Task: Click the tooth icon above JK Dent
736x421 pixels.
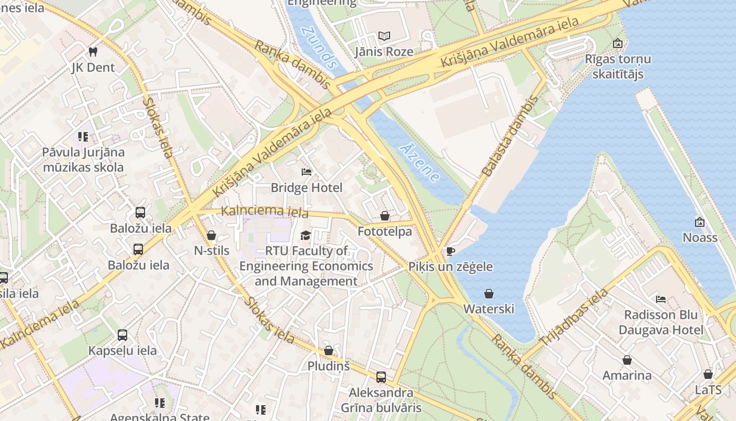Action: click(x=93, y=52)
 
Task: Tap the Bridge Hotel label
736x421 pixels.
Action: click(x=306, y=188)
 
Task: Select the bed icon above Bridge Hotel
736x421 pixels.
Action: click(x=306, y=172)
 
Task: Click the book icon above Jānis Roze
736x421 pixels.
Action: click(x=384, y=36)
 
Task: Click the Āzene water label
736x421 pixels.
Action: click(x=420, y=163)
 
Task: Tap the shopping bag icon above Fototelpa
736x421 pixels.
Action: click(x=385, y=216)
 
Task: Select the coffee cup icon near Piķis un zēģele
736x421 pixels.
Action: click(x=450, y=251)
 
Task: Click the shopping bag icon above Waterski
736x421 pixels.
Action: click(x=489, y=293)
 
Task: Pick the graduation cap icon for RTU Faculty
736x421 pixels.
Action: click(x=305, y=235)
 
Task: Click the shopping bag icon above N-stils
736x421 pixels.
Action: click(x=211, y=235)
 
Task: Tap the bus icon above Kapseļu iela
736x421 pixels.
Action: click(x=122, y=335)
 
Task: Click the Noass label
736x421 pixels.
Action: click(x=700, y=237)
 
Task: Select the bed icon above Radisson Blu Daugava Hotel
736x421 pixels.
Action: click(x=661, y=299)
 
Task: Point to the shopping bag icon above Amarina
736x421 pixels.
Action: click(x=627, y=360)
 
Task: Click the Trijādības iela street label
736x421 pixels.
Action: click(x=574, y=317)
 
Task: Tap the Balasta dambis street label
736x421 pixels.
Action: click(x=509, y=136)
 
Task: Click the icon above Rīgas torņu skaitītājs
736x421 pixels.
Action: click(x=617, y=43)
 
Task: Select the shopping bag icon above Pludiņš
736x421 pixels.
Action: click(x=329, y=350)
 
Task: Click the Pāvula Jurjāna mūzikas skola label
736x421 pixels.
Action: click(x=84, y=160)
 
